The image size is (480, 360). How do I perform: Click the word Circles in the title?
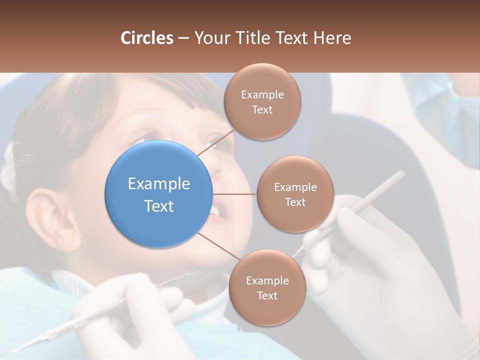click(146, 38)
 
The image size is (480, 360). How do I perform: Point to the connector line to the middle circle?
click(235, 194)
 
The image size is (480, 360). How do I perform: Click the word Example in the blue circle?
click(159, 184)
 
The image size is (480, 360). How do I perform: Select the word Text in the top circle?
click(262, 110)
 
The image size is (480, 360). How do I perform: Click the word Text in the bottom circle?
click(267, 296)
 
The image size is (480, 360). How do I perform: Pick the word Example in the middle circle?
click(295, 187)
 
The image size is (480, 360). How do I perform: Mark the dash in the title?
click(183, 38)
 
